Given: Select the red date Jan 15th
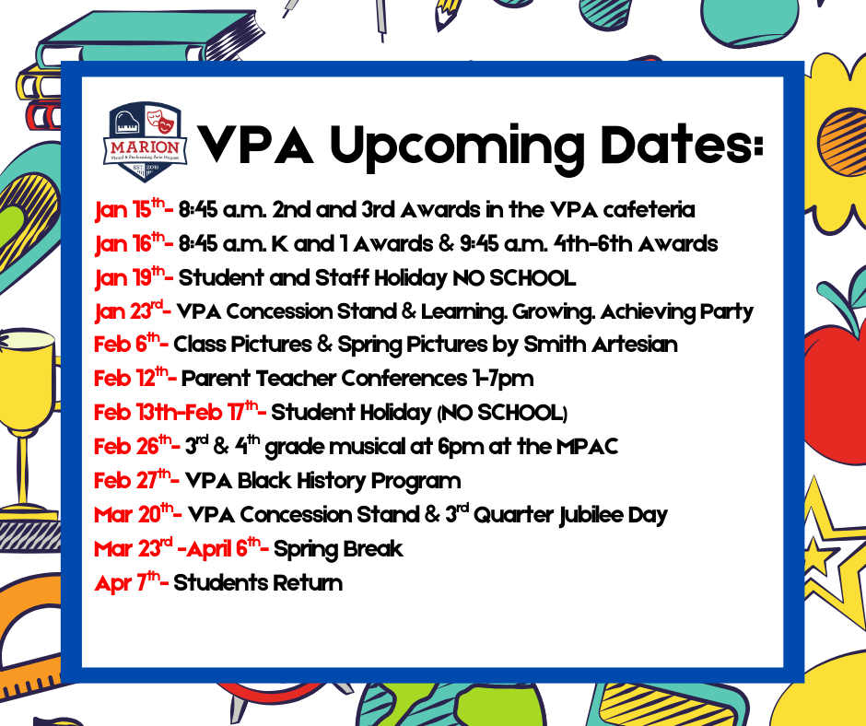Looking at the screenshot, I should pos(129,210).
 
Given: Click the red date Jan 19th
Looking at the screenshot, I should pos(130,277).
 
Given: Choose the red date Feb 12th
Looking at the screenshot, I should pos(133,379).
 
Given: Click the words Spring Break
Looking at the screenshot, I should pos(338,549).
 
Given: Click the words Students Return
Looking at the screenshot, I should pos(258,582).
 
